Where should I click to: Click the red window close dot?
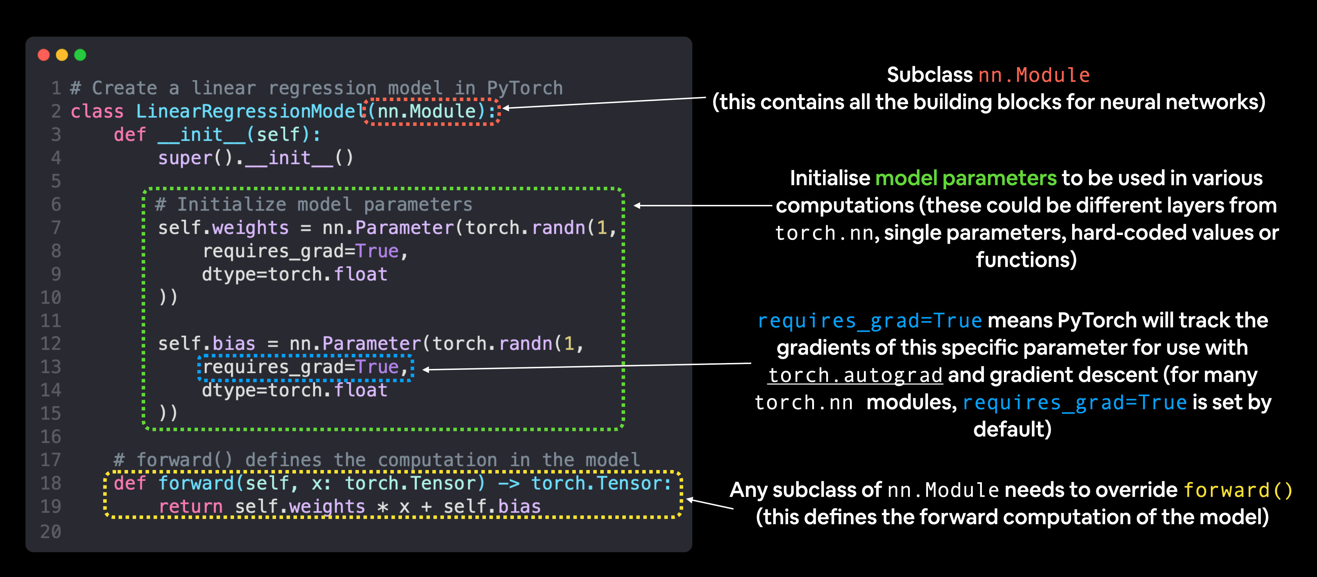(44, 55)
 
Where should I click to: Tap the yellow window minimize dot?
(62, 55)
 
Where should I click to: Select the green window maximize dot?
(80, 55)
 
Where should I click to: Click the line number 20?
(51, 532)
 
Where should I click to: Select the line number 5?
(56, 181)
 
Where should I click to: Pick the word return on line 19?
(190, 506)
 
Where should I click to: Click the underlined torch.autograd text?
(855, 375)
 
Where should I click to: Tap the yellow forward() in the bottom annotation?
(1238, 490)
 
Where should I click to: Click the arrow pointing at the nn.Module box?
(603, 103)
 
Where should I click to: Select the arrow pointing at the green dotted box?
(703, 206)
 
